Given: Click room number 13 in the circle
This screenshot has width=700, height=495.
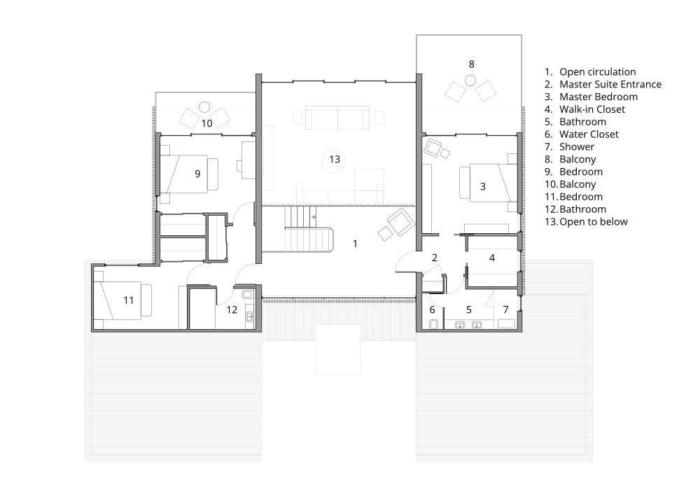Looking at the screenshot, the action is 335,160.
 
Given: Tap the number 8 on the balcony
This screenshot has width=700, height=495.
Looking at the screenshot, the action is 471,64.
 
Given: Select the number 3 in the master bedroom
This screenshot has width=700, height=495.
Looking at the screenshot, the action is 482,186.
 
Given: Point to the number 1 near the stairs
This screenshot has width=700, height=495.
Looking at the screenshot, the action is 355,244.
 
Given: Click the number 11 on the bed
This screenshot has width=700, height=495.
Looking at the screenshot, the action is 129,300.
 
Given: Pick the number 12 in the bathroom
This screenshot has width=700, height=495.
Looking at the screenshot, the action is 232,309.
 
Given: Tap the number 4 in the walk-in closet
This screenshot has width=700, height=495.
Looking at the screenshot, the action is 492,258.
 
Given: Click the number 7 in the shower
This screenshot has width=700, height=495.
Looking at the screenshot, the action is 506,309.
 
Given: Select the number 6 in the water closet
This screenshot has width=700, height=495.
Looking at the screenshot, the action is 432,309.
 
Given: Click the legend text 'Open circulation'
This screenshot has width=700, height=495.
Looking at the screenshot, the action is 597,72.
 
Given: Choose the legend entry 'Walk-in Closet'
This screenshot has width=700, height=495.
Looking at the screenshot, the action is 592,109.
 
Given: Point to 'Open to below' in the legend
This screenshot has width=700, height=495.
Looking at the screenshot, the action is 594,222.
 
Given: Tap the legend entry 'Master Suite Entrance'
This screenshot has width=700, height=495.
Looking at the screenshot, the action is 610,84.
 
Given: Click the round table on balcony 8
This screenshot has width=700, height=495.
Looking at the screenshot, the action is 470,81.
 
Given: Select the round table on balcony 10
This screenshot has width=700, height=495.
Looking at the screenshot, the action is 204,107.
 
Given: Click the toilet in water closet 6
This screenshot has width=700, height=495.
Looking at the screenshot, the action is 433,324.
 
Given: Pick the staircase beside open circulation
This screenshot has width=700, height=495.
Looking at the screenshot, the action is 308,228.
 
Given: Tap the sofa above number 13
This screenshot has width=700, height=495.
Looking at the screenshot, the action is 337,118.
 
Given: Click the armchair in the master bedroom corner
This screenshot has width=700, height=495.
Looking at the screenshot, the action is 433,148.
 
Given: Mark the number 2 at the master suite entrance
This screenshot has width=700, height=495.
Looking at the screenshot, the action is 435,258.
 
